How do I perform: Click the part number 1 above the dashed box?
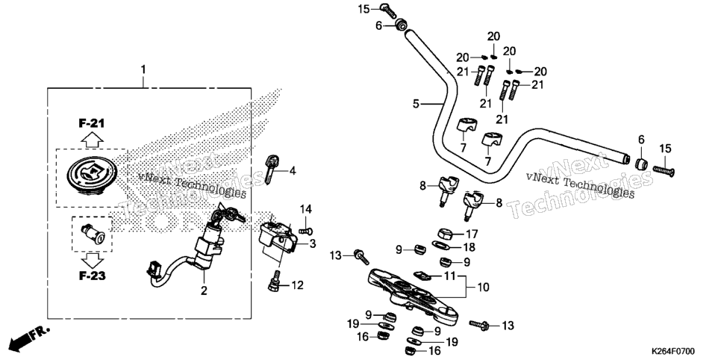143,70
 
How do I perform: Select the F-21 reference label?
92,123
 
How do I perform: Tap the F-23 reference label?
92,276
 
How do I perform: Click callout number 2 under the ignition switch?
204,291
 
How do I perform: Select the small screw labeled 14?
306,230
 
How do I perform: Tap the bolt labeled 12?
274,282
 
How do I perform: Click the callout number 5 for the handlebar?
416,104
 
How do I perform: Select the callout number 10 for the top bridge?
483,288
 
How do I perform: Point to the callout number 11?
450,276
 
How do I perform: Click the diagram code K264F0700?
672,352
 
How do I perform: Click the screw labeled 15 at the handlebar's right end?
664,171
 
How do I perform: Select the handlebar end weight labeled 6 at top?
401,25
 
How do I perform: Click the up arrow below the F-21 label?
92,139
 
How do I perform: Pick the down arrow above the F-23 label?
93,261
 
